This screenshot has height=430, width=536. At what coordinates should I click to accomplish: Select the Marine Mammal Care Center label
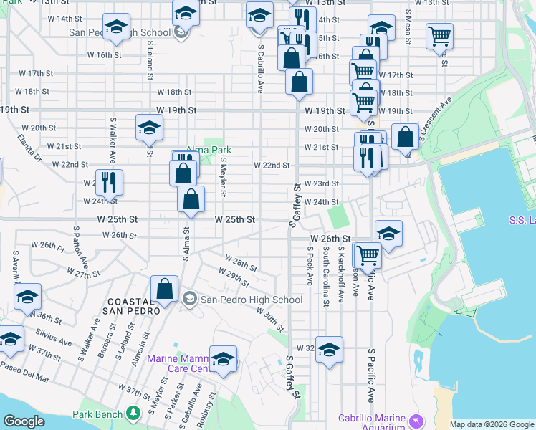(x=178, y=363)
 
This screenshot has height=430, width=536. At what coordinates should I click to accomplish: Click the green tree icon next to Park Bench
(x=132, y=414)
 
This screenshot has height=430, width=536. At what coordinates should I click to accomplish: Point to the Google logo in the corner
(x=24, y=421)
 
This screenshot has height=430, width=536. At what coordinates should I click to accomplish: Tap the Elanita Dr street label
(x=30, y=148)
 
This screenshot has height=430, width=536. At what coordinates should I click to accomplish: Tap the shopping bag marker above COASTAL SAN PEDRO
(x=165, y=291)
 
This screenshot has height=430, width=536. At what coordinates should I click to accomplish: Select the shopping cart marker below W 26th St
(x=368, y=254)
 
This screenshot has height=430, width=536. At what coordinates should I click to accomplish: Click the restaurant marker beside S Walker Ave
(x=109, y=182)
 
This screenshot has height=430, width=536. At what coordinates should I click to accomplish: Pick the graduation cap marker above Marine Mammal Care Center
(x=223, y=359)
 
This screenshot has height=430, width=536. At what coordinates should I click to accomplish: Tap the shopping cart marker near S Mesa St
(x=439, y=36)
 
